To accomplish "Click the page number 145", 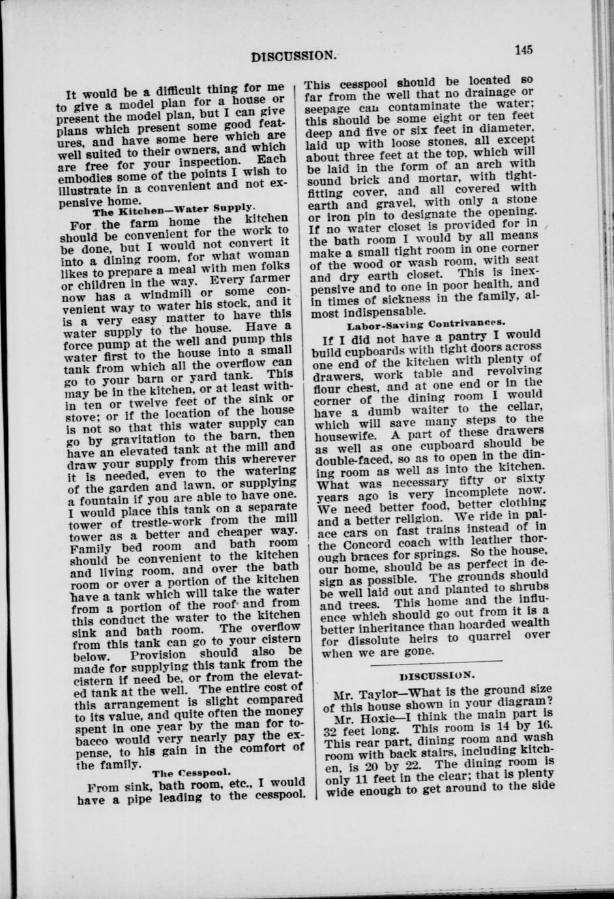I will (x=523, y=50).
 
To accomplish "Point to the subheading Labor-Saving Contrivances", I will (x=427, y=322).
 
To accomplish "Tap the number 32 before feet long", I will (x=331, y=730).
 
